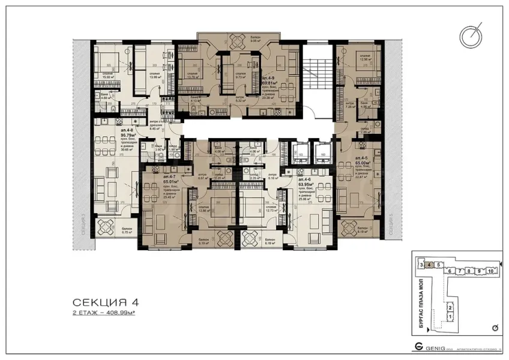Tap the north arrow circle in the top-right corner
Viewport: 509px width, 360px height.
(471, 36)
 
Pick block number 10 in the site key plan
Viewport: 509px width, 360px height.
(490, 271)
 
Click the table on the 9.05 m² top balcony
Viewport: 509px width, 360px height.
(239, 40)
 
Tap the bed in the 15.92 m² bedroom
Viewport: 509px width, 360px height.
(109, 64)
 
